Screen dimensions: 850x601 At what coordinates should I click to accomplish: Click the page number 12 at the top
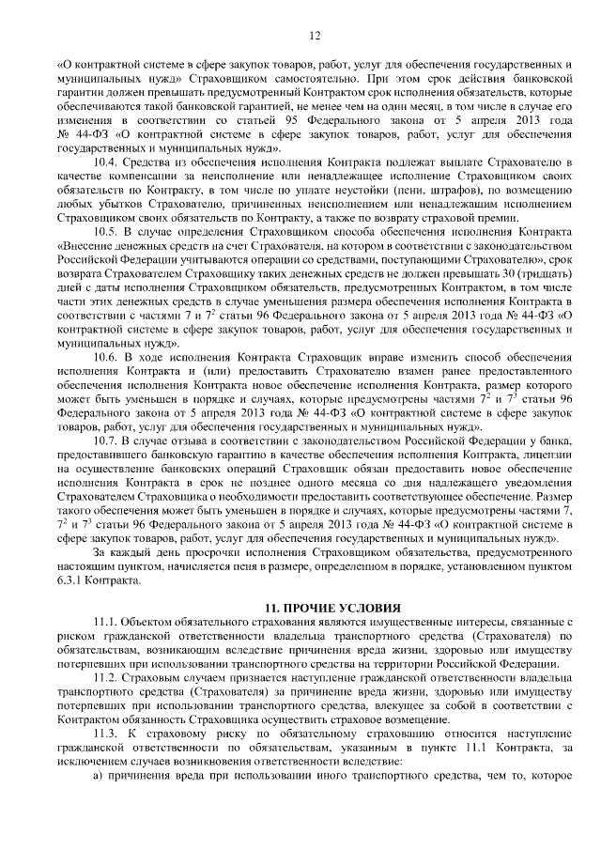point(300,35)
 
